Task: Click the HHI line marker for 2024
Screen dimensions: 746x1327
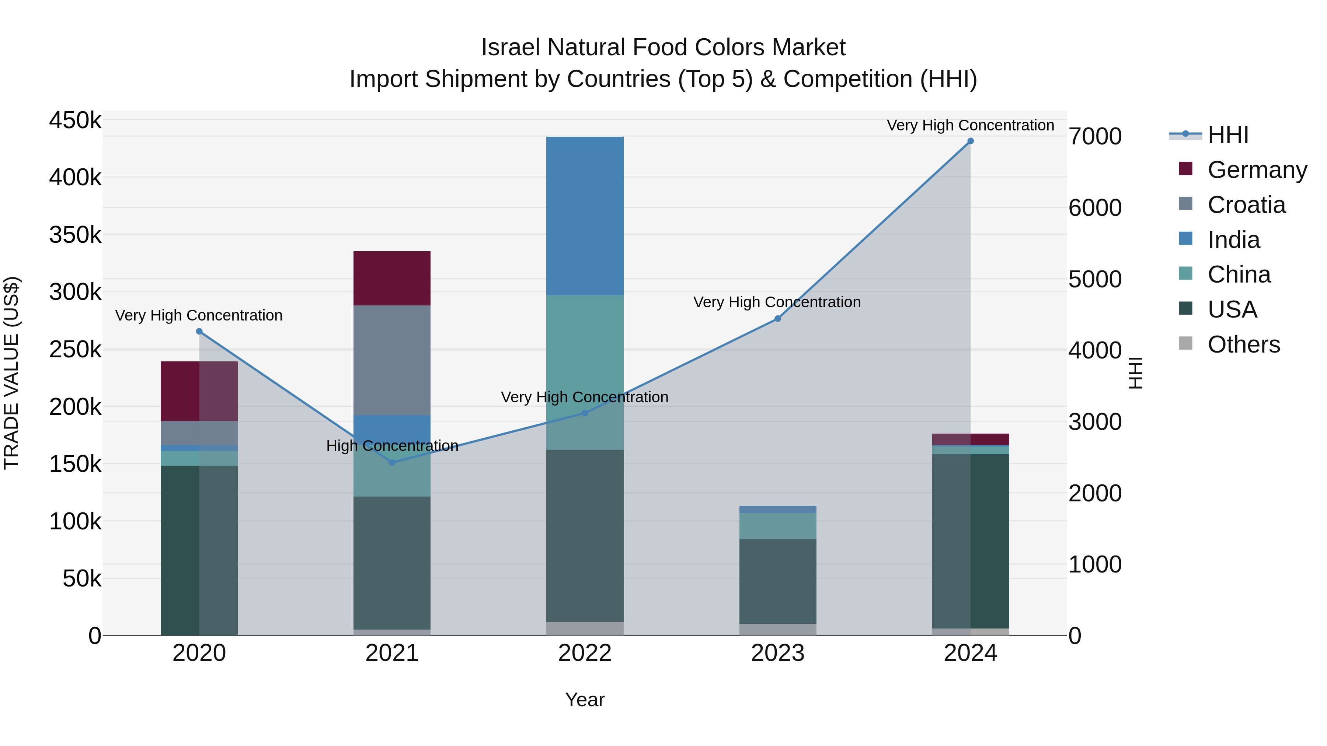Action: (971, 141)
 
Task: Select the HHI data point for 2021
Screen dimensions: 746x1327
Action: (392, 462)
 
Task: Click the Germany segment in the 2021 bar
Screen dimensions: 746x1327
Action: (392, 278)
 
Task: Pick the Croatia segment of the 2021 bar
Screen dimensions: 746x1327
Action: (392, 360)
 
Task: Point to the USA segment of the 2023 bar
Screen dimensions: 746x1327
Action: (778, 581)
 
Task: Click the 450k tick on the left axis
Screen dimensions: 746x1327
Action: (75, 120)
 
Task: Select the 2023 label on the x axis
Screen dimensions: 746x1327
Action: (777, 653)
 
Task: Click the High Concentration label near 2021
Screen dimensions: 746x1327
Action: (392, 445)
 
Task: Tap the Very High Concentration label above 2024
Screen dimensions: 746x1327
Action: (970, 125)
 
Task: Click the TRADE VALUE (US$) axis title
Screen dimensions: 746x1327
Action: (11, 373)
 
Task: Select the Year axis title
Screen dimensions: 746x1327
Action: (585, 700)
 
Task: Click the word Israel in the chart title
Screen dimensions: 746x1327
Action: (510, 48)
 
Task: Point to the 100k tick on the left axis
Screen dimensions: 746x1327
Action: (75, 522)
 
